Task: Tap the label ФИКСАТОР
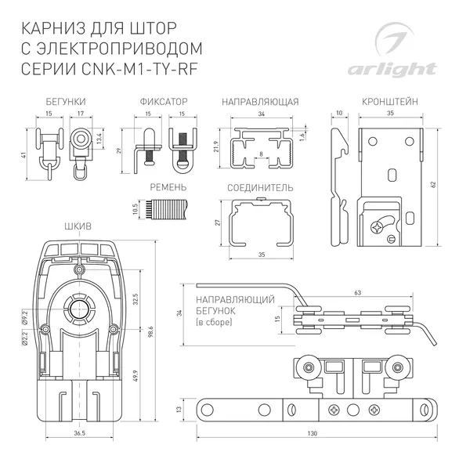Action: [x=164, y=103]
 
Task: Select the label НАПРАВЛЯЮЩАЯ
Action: [x=260, y=103]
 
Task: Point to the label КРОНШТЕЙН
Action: [x=390, y=103]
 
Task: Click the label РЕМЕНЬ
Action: [x=168, y=189]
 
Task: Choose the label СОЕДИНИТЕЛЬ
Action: [x=260, y=189]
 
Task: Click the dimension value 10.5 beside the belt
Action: [x=135, y=208]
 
